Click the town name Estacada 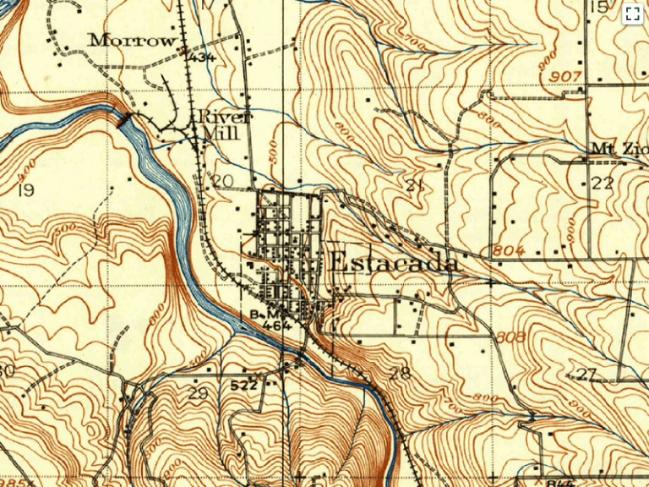coord(394,262)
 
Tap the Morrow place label coord(134,40)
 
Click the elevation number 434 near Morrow coord(203,57)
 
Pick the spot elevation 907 coord(566,76)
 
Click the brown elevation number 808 coord(512,337)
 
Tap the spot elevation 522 coord(243,385)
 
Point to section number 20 coord(222,181)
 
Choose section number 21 coord(414,186)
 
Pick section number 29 coord(198,393)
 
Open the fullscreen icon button coord(631,14)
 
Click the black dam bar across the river coord(126,119)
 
